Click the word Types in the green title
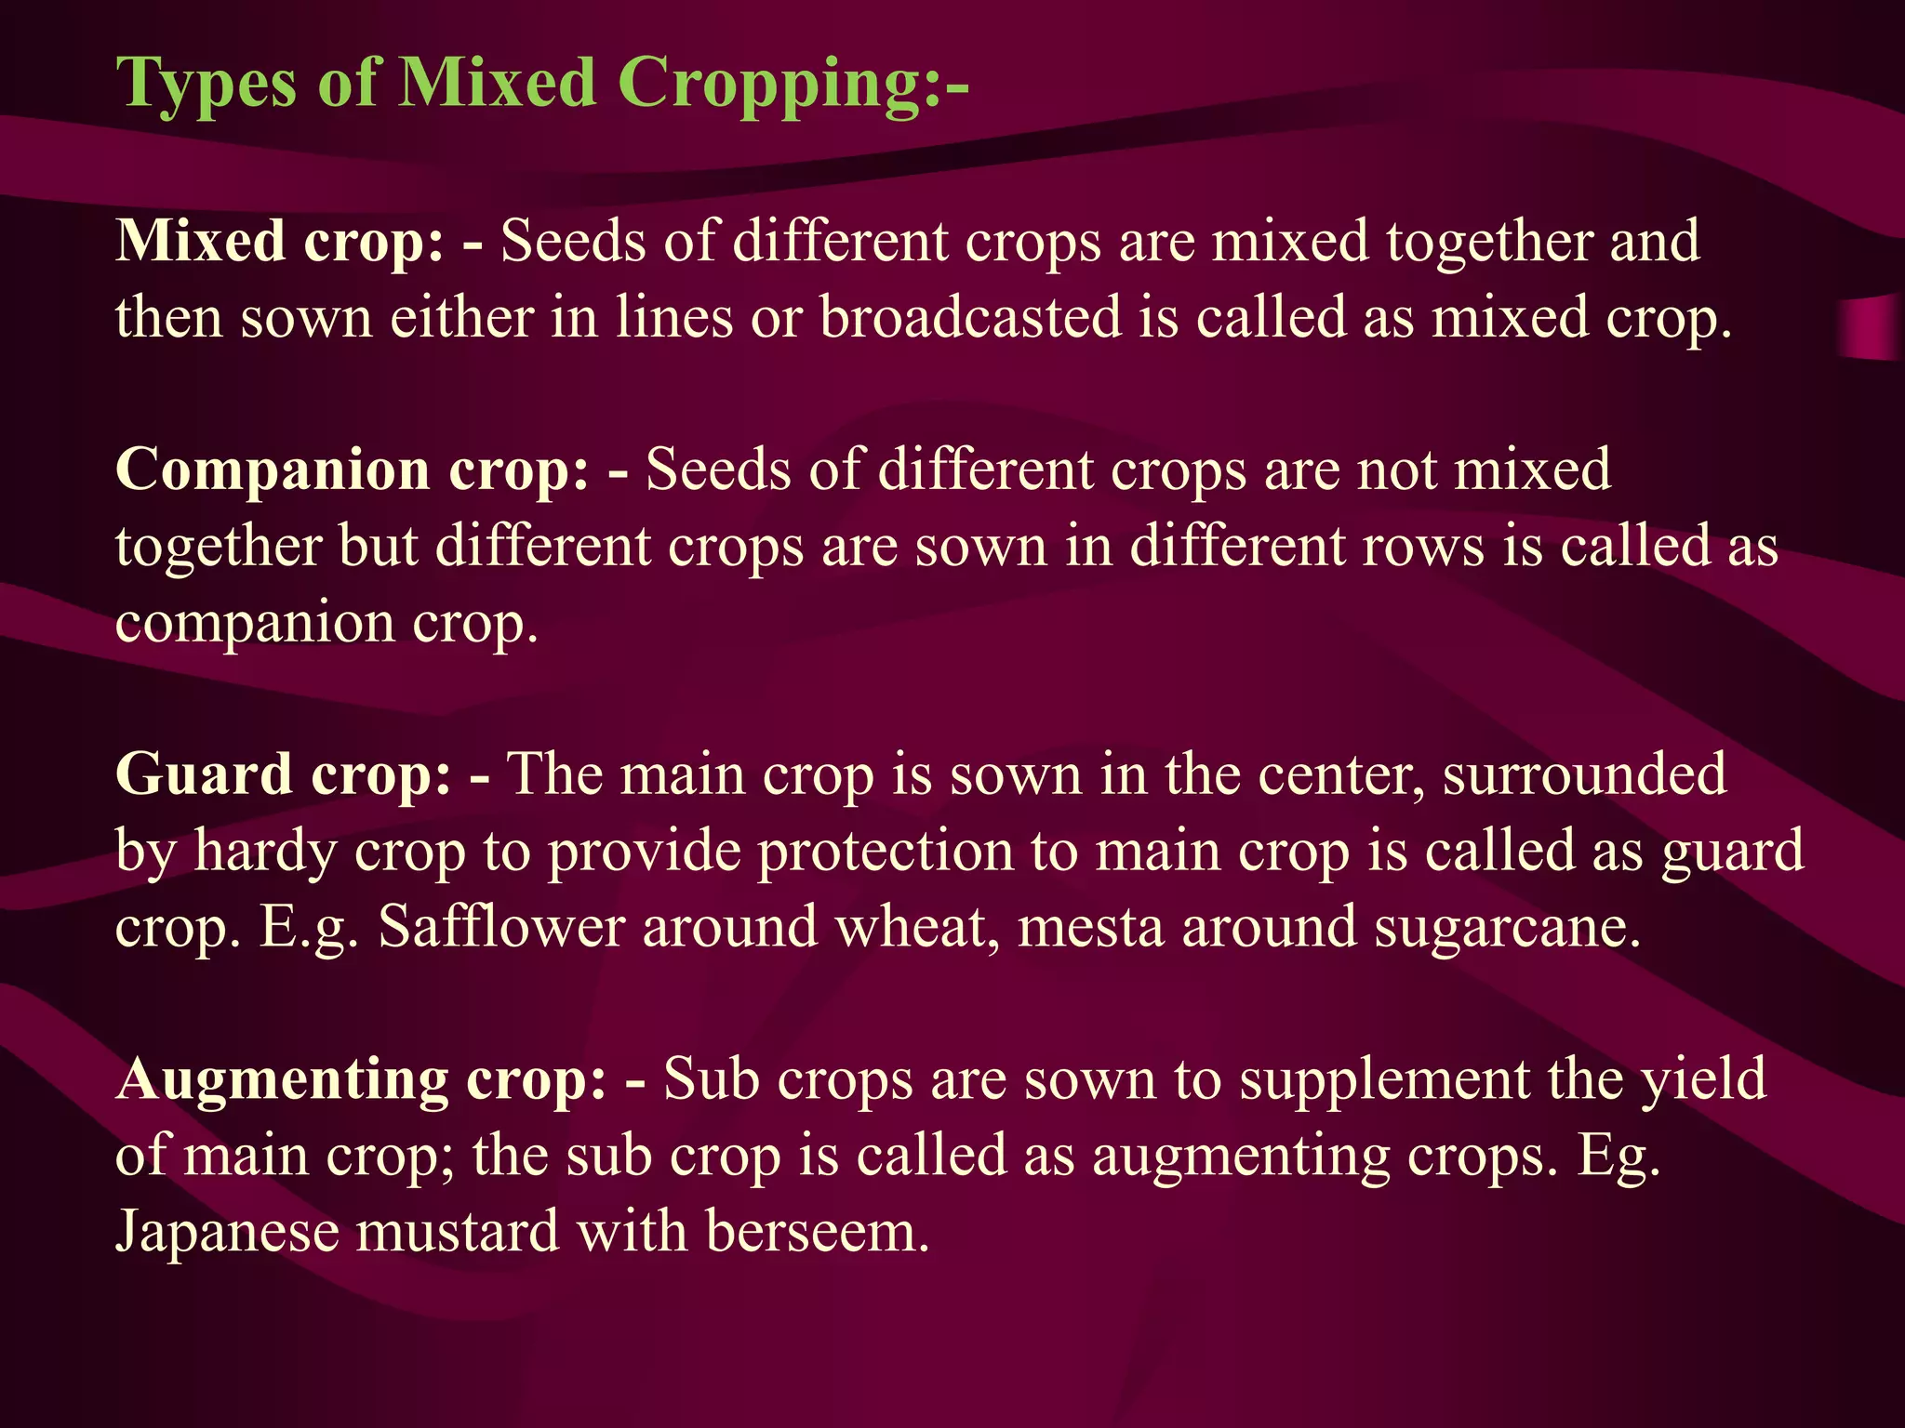pos(206,84)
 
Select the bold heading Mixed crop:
pos(280,242)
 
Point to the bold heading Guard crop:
pos(284,774)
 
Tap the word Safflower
pos(500,927)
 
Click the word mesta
pos(1090,927)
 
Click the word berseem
pos(817,1232)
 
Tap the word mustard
pos(456,1232)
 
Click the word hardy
pos(264,853)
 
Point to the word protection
pos(884,853)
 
